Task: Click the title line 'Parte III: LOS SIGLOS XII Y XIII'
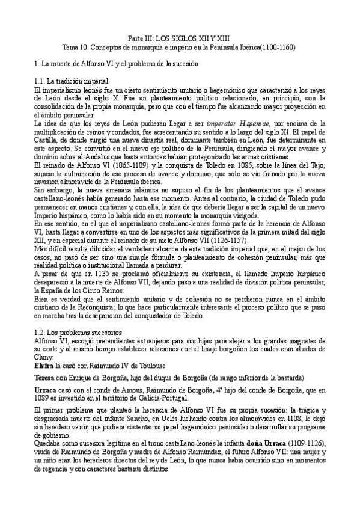(180, 38)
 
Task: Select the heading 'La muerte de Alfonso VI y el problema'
(106, 63)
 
